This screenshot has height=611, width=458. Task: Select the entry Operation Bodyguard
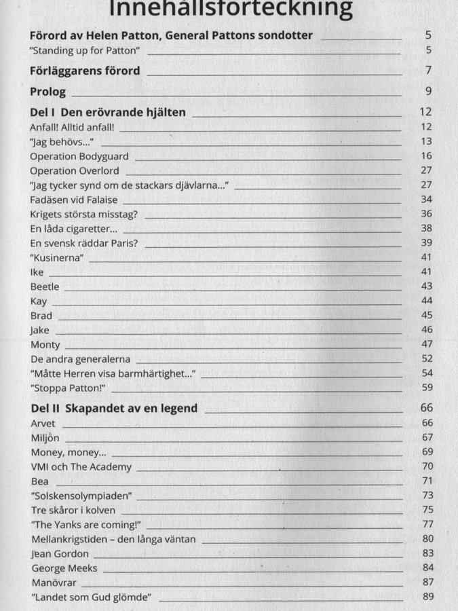79,156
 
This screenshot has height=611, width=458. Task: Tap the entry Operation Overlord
75,170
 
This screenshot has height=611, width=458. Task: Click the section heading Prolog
48,91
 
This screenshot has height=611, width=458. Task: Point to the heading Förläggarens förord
85,71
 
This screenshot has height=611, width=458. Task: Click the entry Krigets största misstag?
84,214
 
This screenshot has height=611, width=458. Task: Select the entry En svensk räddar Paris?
84,243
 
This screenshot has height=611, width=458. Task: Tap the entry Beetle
45,286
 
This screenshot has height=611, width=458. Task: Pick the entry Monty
45,345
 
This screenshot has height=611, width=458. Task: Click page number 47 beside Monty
426,344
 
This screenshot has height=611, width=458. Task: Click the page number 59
426,388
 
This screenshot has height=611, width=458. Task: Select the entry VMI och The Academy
81,467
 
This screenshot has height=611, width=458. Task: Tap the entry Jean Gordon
60,554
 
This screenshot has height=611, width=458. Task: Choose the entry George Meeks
64,568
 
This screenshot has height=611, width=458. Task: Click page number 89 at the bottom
427,597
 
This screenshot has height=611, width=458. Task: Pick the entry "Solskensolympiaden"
81,496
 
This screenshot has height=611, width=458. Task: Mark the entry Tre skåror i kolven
73,510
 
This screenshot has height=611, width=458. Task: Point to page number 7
429,71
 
